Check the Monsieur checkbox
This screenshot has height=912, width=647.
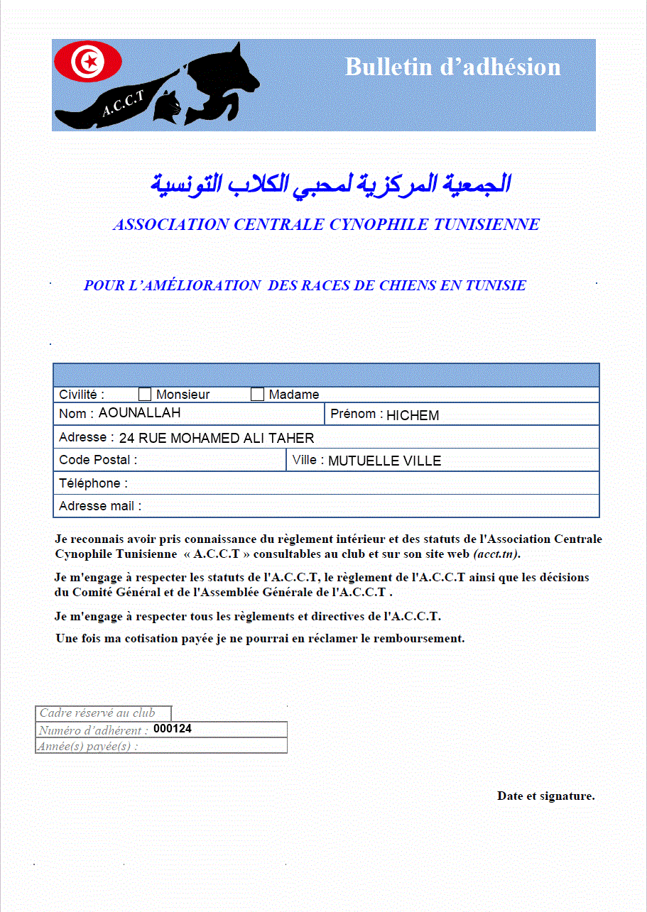(145, 395)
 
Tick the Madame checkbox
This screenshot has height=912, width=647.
(257, 395)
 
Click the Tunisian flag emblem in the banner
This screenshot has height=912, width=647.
(88, 62)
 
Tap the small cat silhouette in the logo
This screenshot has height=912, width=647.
(169, 108)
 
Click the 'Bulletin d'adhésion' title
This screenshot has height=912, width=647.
(452, 67)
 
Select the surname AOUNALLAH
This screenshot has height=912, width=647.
(139, 413)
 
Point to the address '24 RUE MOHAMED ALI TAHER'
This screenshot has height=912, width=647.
(217, 439)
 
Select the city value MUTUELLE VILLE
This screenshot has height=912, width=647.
(384, 461)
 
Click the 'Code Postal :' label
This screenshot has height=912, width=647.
(98, 460)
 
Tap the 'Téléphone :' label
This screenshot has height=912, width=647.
(94, 483)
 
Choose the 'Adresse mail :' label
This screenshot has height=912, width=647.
(100, 506)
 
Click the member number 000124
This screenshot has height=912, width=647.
(173, 729)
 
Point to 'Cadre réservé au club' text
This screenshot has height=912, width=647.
(97, 713)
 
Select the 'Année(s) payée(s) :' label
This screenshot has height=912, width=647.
(88, 746)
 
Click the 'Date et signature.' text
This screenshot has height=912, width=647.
(545, 796)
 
